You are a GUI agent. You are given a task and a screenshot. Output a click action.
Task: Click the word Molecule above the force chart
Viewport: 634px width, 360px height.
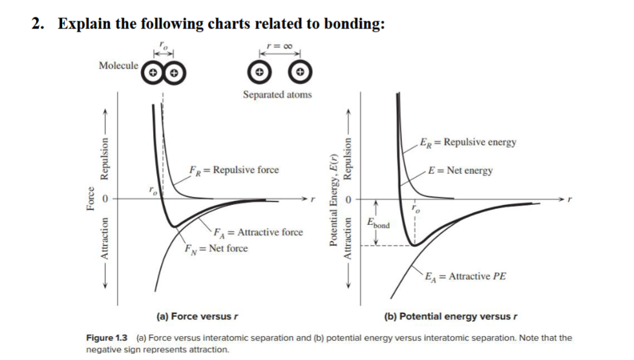point(118,65)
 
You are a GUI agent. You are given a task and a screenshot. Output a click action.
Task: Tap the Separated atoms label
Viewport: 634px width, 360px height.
point(277,94)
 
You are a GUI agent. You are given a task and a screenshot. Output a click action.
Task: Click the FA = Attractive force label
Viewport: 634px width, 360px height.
point(259,232)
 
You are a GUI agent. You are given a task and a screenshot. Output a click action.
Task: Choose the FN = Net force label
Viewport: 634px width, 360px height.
point(215,248)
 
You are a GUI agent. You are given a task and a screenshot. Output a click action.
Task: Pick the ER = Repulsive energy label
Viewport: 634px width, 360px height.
point(467,142)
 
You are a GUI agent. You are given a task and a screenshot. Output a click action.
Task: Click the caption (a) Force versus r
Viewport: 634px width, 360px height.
point(194,317)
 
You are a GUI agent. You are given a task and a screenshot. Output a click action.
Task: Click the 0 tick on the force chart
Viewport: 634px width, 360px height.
point(109,200)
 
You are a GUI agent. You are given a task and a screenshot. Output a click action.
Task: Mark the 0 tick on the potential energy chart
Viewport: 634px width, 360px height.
point(352,200)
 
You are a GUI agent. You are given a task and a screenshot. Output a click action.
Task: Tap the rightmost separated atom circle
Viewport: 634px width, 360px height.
point(299,71)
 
